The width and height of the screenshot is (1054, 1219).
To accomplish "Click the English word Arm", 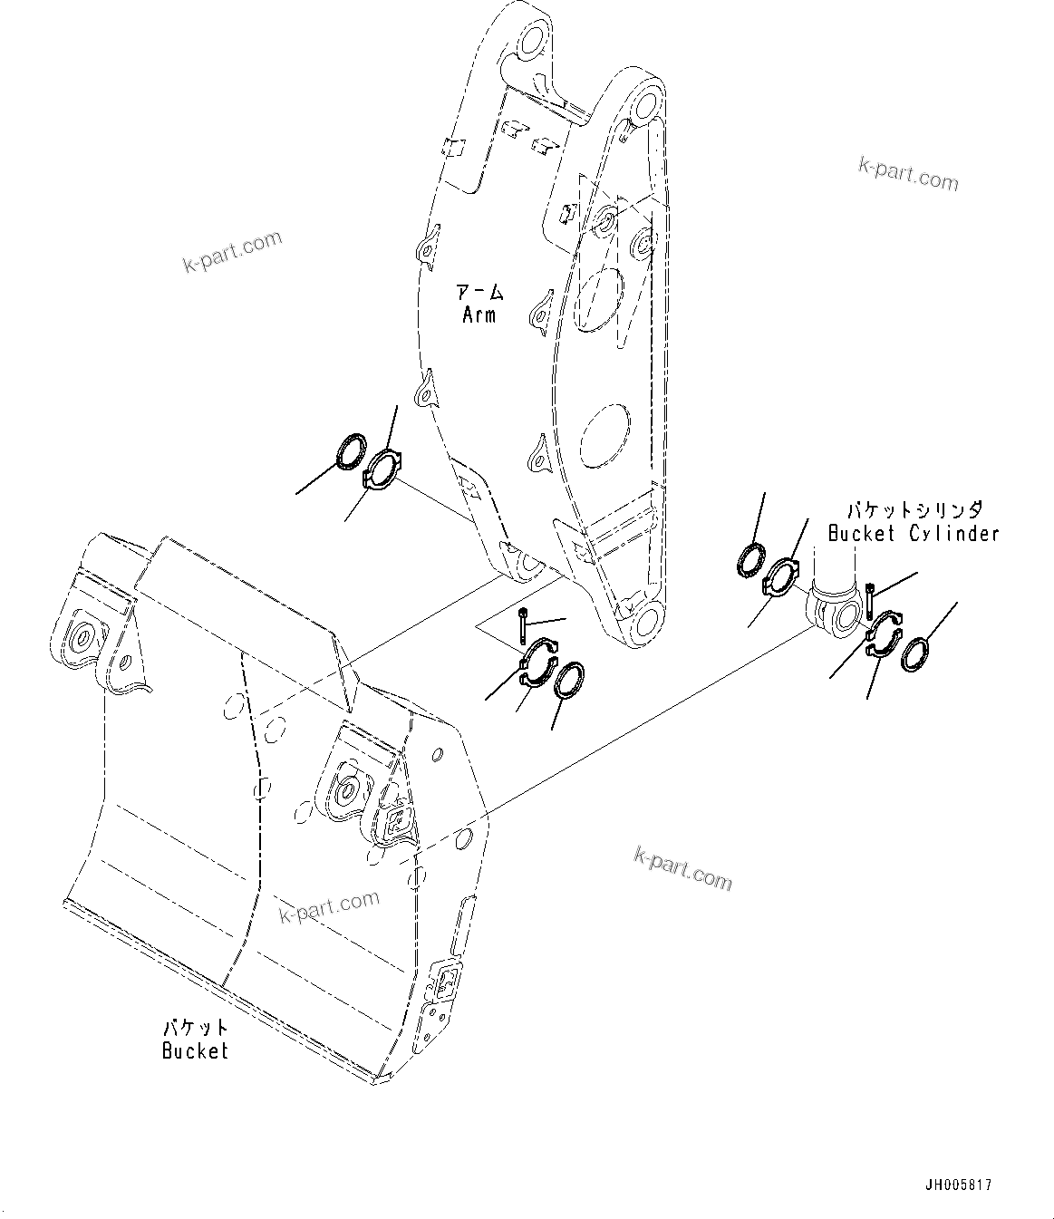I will (479, 315).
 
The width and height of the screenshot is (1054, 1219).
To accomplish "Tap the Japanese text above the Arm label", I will (479, 293).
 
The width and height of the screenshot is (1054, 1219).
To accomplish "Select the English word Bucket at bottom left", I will (195, 1050).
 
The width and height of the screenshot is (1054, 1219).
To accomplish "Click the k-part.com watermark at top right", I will (907, 173).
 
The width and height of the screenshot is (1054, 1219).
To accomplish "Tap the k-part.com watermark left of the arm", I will (233, 251).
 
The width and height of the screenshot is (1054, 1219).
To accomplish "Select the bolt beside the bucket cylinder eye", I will (871, 599).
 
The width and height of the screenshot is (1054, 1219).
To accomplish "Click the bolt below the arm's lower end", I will (524, 624).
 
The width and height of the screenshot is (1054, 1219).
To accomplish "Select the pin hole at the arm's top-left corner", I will (530, 40).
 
